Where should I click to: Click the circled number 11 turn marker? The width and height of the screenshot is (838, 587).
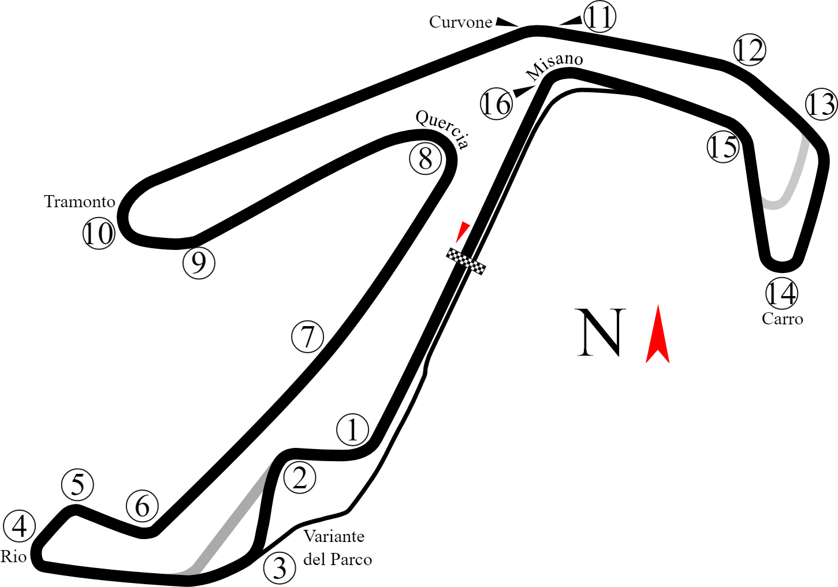click(599, 17)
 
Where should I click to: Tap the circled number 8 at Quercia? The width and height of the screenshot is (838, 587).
click(426, 159)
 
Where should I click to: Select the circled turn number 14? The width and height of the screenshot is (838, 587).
click(781, 293)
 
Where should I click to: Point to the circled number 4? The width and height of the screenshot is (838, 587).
click(19, 526)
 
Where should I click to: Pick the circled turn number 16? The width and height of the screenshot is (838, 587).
click(497, 103)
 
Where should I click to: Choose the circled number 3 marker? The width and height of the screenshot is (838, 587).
click(280, 568)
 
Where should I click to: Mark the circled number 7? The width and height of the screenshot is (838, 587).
click(307, 337)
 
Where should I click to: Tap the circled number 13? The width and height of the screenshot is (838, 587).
click(821, 104)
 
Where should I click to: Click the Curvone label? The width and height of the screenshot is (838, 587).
click(460, 23)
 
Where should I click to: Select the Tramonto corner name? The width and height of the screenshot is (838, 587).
click(80, 202)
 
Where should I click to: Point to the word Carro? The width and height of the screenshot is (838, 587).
click(782, 319)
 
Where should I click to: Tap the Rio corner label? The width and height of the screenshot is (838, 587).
click(13, 557)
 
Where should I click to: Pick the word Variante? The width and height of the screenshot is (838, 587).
click(334, 537)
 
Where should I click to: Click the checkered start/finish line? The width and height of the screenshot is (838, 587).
click(465, 261)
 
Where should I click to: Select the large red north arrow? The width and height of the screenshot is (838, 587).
click(657, 334)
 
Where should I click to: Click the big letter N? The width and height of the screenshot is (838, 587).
click(600, 332)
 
